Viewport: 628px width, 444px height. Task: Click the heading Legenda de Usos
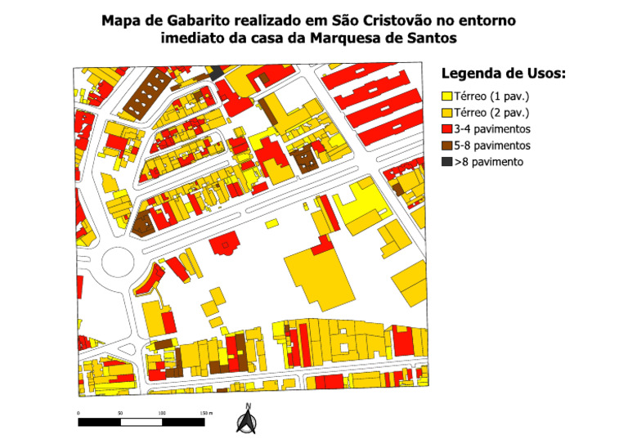click(503, 74)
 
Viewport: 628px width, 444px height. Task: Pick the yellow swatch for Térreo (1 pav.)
click(446, 96)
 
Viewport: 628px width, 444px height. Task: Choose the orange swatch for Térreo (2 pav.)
click(446, 113)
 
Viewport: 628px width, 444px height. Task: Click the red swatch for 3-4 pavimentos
click(446, 129)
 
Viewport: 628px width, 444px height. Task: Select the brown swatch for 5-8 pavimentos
click(446, 146)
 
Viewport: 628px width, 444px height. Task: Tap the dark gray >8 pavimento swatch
click(446, 162)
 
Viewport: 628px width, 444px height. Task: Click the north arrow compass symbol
click(245, 419)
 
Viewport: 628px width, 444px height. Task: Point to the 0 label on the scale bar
click(78, 414)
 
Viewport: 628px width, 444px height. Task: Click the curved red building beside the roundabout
click(147, 280)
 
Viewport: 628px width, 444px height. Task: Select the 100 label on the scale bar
click(162, 414)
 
